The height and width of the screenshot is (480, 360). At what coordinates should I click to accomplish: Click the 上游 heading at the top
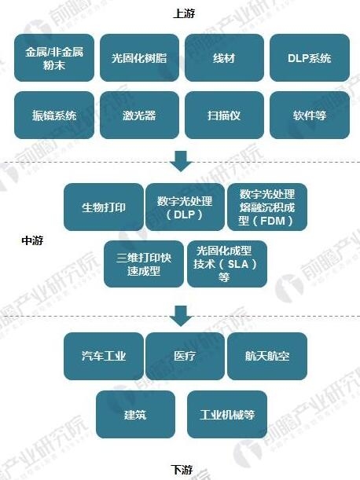click(x=184, y=13)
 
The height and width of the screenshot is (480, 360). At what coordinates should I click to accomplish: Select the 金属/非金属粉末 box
click(x=54, y=57)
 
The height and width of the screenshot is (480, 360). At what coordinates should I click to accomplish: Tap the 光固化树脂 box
click(x=139, y=57)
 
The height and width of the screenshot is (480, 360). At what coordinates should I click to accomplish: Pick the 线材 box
click(x=224, y=57)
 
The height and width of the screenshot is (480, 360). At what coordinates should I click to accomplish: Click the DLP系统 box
click(x=310, y=57)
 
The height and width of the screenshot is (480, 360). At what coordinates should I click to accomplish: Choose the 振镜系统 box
click(x=54, y=115)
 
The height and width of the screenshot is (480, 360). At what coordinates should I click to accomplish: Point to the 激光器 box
click(x=139, y=115)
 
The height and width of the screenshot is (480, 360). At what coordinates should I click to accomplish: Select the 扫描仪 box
click(x=224, y=115)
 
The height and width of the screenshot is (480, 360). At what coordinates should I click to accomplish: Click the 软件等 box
click(x=310, y=115)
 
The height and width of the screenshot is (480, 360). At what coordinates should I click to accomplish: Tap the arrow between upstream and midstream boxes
click(x=182, y=161)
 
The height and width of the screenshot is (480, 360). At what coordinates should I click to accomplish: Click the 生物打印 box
click(x=104, y=207)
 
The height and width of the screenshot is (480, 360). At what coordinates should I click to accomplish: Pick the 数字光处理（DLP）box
click(x=185, y=207)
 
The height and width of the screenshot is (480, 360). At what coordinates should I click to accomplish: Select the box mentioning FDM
click(x=267, y=207)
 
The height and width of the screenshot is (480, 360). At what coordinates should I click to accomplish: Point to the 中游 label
click(x=32, y=240)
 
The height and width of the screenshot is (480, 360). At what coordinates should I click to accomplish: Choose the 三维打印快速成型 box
click(x=144, y=264)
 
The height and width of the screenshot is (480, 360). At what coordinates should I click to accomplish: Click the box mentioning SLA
click(x=227, y=264)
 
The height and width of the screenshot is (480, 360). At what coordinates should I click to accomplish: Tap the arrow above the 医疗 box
click(x=182, y=316)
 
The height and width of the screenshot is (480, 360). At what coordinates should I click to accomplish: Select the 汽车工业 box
click(x=104, y=357)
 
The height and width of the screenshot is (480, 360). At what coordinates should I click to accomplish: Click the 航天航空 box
click(x=267, y=357)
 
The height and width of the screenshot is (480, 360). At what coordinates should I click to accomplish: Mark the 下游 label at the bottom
click(x=182, y=469)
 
